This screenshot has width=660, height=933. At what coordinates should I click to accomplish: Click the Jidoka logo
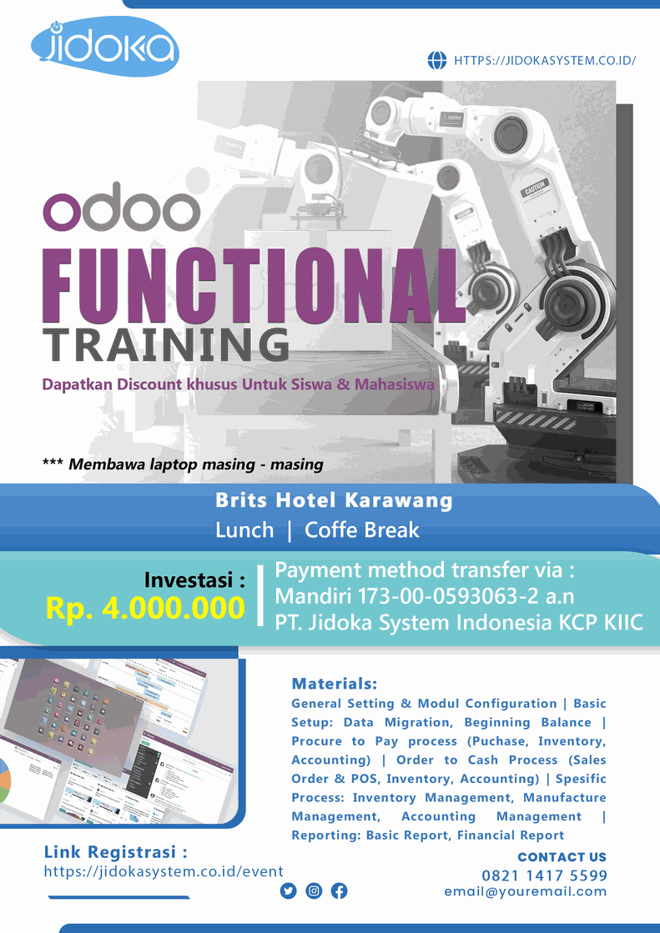(x=105, y=47)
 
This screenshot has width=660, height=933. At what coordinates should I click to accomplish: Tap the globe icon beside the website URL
(x=437, y=60)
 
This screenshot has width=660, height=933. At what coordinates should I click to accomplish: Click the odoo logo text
(x=122, y=207)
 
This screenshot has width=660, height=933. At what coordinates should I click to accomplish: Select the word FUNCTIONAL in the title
(x=253, y=286)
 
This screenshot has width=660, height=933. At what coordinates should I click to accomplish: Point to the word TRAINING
(x=165, y=345)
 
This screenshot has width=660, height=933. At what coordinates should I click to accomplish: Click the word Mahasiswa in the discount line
(x=395, y=384)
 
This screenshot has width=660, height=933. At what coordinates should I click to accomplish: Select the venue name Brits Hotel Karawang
(x=334, y=500)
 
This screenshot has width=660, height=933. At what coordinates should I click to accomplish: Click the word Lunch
(x=244, y=529)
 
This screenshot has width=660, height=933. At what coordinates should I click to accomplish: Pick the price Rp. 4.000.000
(x=145, y=608)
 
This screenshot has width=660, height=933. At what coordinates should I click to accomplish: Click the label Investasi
(x=194, y=579)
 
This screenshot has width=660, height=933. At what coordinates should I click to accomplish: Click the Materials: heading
(x=334, y=684)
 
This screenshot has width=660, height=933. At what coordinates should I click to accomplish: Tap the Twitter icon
(x=289, y=890)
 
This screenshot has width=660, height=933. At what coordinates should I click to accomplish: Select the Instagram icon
(x=314, y=890)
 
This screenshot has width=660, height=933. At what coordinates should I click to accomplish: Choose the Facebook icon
(x=340, y=890)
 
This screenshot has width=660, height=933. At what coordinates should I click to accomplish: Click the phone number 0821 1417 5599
(x=545, y=875)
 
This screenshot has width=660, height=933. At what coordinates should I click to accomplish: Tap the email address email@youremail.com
(x=526, y=891)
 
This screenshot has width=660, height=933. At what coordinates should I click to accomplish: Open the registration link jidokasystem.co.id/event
(x=164, y=871)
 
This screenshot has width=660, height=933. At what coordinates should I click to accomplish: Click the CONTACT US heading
(x=562, y=857)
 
